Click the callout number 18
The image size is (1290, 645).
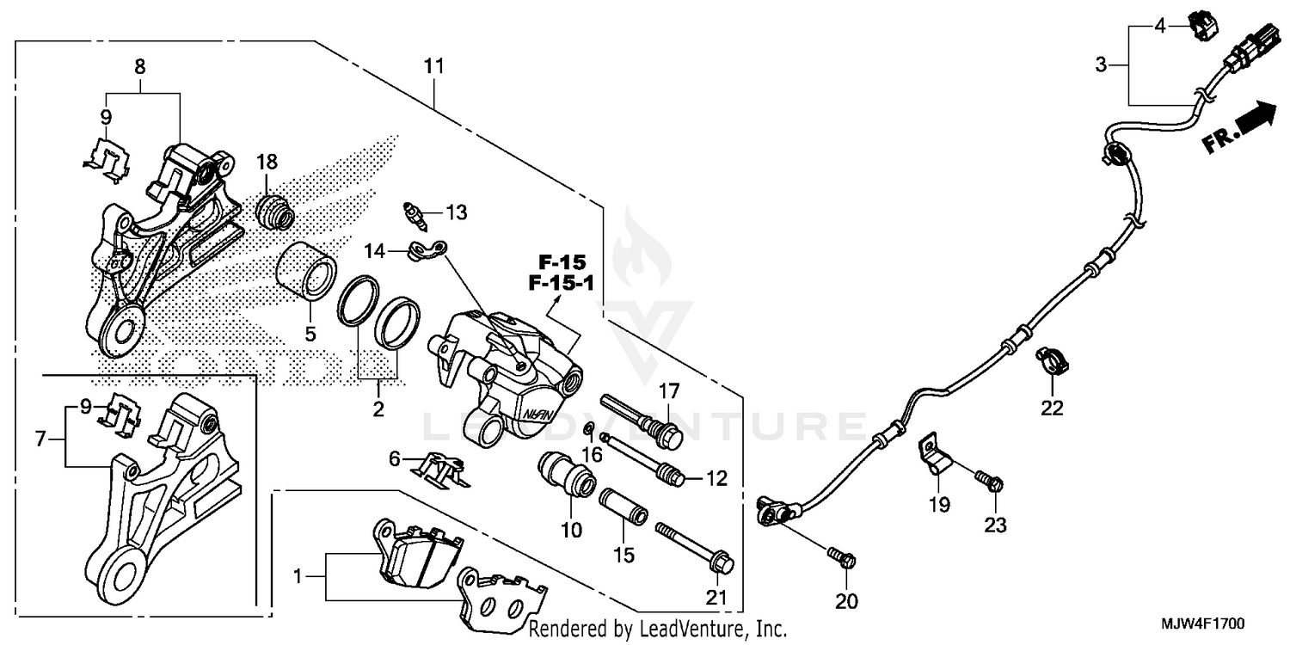(267, 162)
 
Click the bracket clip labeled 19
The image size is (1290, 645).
(935, 456)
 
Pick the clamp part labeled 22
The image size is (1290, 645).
(1050, 359)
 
